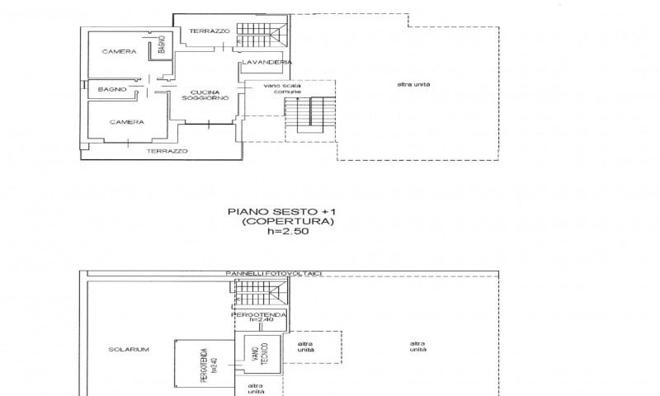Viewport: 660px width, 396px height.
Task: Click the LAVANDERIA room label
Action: pyautogui.click(x=266, y=62)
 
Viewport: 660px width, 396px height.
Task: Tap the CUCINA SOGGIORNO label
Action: pyautogui.click(x=205, y=95)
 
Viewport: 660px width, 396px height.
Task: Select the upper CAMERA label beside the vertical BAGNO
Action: pyautogui.click(x=119, y=52)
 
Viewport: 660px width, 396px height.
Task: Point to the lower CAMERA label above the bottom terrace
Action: pyautogui.click(x=127, y=122)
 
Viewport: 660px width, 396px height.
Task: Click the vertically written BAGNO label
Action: pyautogui.click(x=162, y=45)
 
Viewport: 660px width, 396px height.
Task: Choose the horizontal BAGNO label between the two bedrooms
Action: pyautogui.click(x=112, y=89)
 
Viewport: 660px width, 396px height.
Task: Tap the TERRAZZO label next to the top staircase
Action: pyautogui.click(x=210, y=31)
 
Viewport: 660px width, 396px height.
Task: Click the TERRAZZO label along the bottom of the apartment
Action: pyautogui.click(x=167, y=151)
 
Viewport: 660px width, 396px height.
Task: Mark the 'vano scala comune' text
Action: pyautogui.click(x=282, y=89)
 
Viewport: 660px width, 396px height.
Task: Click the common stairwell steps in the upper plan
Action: pyautogui.click(x=310, y=115)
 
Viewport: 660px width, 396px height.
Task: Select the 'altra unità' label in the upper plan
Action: pyautogui.click(x=414, y=84)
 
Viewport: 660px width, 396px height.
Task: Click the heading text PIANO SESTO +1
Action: pyautogui.click(x=282, y=212)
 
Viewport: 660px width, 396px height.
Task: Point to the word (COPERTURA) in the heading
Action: pyautogui.click(x=288, y=221)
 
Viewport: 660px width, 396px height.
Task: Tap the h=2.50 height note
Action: pyautogui.click(x=288, y=231)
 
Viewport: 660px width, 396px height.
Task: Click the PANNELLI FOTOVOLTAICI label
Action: pyautogui.click(x=274, y=274)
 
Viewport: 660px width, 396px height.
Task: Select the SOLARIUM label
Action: pyautogui.click(x=129, y=349)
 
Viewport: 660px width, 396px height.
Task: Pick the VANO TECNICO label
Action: pyautogui.click(x=262, y=353)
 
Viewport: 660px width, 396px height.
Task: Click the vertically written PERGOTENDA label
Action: pyautogui.click(x=209, y=365)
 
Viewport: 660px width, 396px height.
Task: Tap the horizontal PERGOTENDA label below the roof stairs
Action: pyautogui.click(x=258, y=315)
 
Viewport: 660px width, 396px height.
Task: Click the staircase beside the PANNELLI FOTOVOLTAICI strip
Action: pyautogui.click(x=260, y=294)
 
